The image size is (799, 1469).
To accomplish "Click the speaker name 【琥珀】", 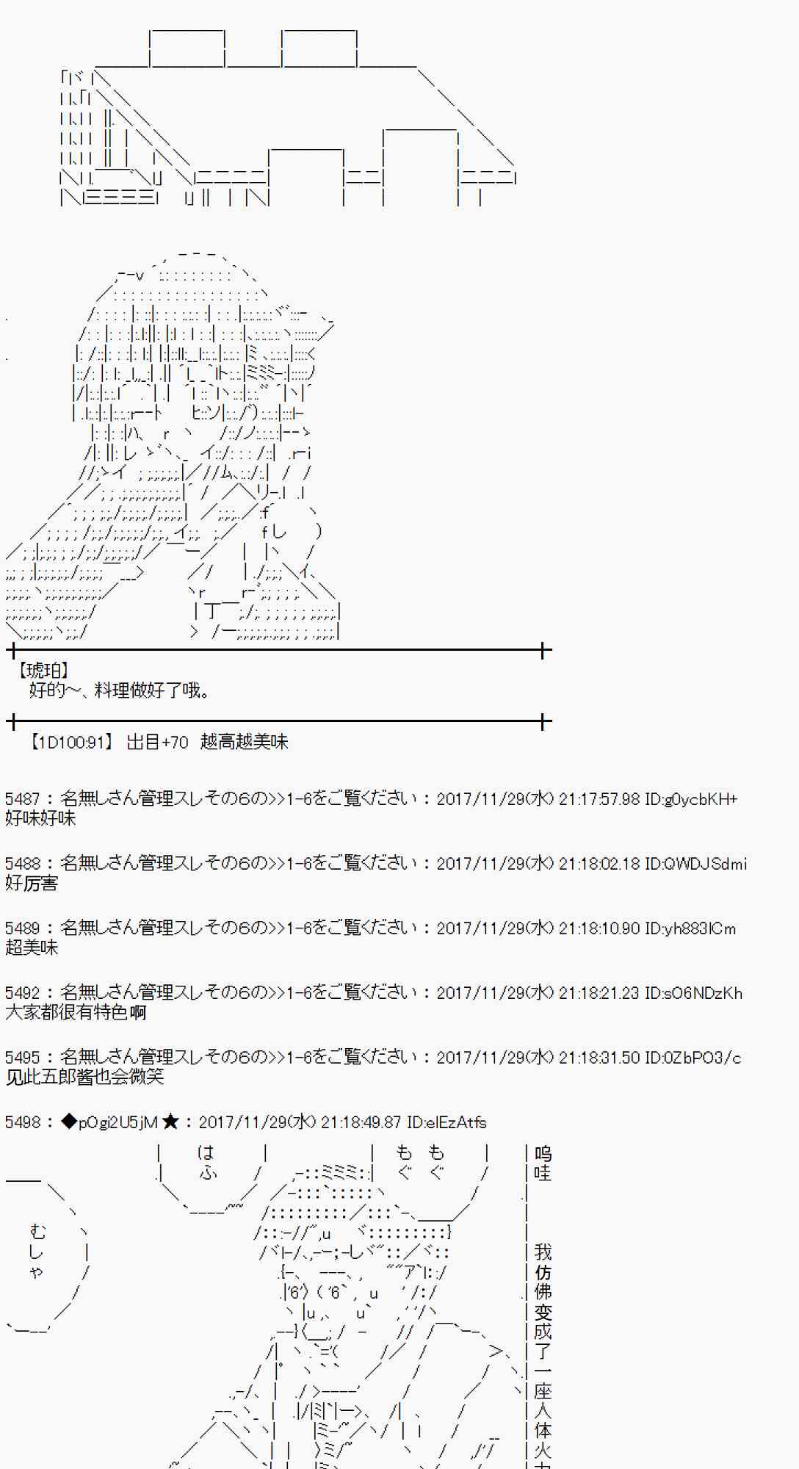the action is (x=43, y=671).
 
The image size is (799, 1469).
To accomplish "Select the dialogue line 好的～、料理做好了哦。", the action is (x=120, y=690).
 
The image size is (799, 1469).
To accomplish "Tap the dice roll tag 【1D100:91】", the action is (x=70, y=743).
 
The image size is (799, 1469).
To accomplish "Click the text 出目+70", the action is (x=157, y=743).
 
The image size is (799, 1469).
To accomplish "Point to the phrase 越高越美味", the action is (x=244, y=743).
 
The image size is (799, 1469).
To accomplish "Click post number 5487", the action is (x=22, y=799).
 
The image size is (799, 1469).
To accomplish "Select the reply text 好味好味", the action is (x=40, y=818).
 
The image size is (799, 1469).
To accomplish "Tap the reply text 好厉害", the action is (x=32, y=883).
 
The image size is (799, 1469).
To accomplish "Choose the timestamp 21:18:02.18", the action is (x=599, y=864).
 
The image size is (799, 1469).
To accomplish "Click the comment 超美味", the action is (x=32, y=948).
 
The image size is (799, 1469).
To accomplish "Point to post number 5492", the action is (x=22, y=993).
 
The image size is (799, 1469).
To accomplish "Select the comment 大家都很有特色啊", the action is (x=76, y=1012).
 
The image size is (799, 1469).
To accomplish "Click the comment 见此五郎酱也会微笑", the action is (x=84, y=1077).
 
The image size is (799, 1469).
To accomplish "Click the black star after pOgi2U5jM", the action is (x=170, y=1122).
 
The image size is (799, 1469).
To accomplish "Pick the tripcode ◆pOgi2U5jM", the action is (x=109, y=1122).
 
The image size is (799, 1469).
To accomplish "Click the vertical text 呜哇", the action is (x=543, y=1163).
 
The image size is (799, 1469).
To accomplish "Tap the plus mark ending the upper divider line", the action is (x=544, y=650).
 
